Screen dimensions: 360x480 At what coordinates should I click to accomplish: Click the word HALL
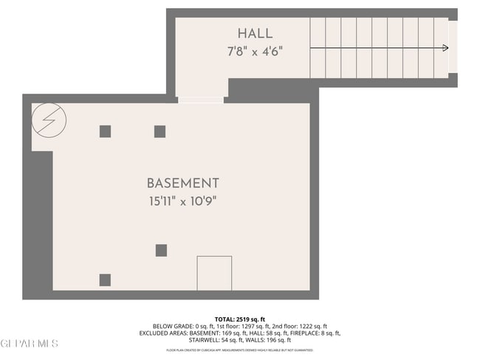(x=255, y=33)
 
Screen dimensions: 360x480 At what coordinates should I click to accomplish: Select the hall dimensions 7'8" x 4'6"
(x=255, y=52)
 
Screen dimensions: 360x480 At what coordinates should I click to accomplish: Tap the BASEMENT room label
(x=182, y=183)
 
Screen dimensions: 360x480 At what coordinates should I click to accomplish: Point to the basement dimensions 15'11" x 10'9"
(x=182, y=201)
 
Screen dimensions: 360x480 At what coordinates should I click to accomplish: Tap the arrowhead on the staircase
(x=445, y=48)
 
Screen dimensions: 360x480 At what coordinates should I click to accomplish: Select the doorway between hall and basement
(x=200, y=100)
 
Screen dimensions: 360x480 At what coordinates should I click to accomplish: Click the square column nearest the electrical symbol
(x=105, y=131)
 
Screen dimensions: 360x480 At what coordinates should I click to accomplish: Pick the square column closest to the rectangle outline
(x=161, y=250)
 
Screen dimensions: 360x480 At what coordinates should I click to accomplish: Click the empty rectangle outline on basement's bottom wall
(x=214, y=273)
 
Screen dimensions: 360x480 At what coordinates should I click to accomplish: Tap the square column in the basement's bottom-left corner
(x=105, y=280)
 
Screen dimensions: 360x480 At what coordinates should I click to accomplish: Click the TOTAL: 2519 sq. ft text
(x=239, y=318)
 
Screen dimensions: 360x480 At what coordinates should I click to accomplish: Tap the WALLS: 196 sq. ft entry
(x=269, y=340)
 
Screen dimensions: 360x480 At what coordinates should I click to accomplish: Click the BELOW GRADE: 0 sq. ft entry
(x=172, y=325)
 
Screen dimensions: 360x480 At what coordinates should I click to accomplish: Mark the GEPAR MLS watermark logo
(x=30, y=344)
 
